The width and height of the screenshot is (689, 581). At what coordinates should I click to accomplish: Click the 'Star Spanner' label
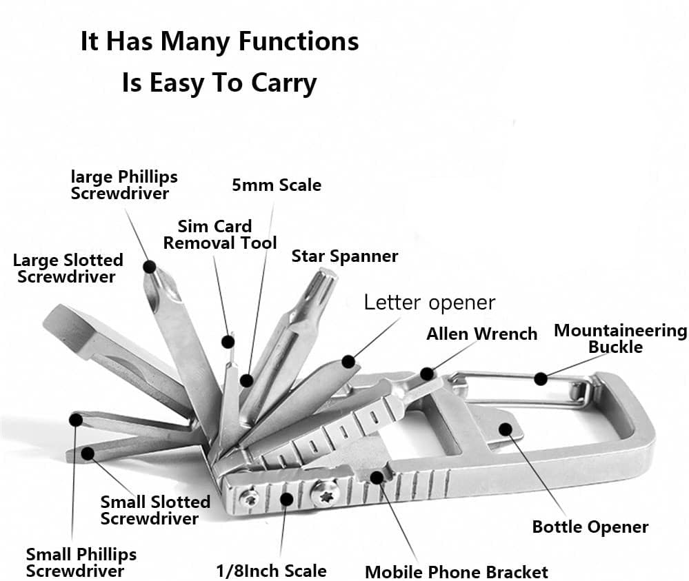click(344, 256)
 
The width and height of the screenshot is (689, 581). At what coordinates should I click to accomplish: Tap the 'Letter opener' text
click(429, 303)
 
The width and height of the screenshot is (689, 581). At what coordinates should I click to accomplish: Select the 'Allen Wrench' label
click(481, 334)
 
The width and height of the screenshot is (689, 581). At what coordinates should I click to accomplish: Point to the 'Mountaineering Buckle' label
click(620, 338)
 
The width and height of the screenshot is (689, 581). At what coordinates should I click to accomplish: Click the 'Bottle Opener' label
click(590, 527)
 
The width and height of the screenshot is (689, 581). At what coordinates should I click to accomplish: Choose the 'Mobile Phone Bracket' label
click(456, 571)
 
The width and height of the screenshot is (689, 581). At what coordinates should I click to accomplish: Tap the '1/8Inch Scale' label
click(270, 571)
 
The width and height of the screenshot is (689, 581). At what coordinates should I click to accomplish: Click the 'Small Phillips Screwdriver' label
click(81, 562)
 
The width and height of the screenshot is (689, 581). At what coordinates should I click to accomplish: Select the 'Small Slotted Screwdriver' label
click(154, 510)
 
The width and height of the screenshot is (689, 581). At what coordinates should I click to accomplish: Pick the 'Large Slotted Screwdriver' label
click(68, 268)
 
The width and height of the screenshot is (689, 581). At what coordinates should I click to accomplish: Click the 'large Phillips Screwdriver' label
click(123, 185)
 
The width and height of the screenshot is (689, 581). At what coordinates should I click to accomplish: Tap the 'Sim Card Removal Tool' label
click(219, 234)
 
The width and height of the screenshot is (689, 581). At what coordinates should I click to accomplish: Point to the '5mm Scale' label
click(277, 185)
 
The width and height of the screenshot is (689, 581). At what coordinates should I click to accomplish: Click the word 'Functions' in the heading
click(299, 41)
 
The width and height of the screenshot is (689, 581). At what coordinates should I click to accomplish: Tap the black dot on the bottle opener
click(505, 429)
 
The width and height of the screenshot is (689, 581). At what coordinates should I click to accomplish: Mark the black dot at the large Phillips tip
click(150, 267)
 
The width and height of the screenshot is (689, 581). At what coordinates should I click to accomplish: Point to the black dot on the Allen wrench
click(428, 374)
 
